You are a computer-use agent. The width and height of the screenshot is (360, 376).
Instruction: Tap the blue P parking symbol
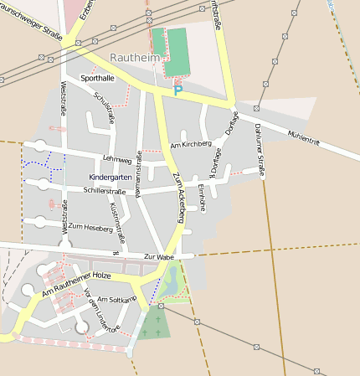click(x=177, y=90)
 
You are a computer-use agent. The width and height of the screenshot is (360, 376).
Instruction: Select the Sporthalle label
click(x=97, y=78)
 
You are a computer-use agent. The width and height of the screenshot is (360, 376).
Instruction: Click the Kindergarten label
click(x=110, y=178)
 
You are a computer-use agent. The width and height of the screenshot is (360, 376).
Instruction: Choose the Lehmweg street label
click(x=117, y=159)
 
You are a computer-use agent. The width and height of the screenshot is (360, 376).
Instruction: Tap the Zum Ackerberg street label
click(x=178, y=192)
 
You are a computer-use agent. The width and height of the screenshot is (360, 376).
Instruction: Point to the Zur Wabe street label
click(x=158, y=256)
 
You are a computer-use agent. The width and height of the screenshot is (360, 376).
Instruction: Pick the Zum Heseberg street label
click(x=90, y=227)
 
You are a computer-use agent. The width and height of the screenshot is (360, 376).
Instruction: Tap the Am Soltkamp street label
click(x=116, y=299)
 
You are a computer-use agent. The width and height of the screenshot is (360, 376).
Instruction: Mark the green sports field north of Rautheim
click(x=170, y=51)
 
